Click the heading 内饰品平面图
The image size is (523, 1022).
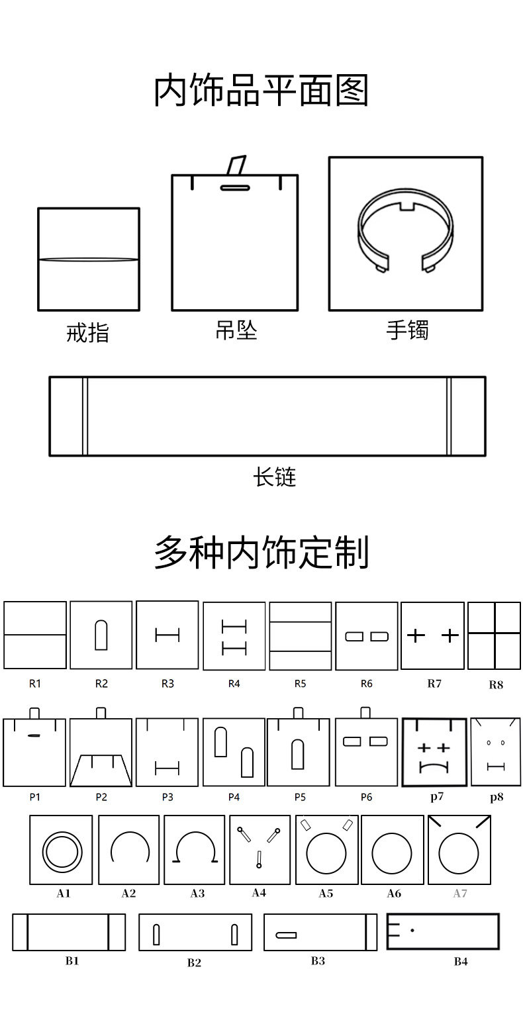261,91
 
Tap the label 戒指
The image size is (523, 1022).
88,333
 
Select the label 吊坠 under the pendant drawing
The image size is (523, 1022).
236,330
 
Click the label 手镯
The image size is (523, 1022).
407,330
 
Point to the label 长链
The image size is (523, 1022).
274,477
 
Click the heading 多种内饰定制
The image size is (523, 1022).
261,552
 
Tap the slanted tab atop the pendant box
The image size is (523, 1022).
236,165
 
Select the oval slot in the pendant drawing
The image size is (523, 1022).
234,187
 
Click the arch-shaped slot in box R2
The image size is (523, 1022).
101,635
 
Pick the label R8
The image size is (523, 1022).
496,685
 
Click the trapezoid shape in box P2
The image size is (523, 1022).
101,770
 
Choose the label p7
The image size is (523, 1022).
437,797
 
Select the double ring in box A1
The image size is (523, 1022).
61,850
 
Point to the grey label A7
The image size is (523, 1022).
460,894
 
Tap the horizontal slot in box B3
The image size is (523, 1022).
286,935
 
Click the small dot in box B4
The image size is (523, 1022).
412,931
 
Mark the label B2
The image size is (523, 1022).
194,963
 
